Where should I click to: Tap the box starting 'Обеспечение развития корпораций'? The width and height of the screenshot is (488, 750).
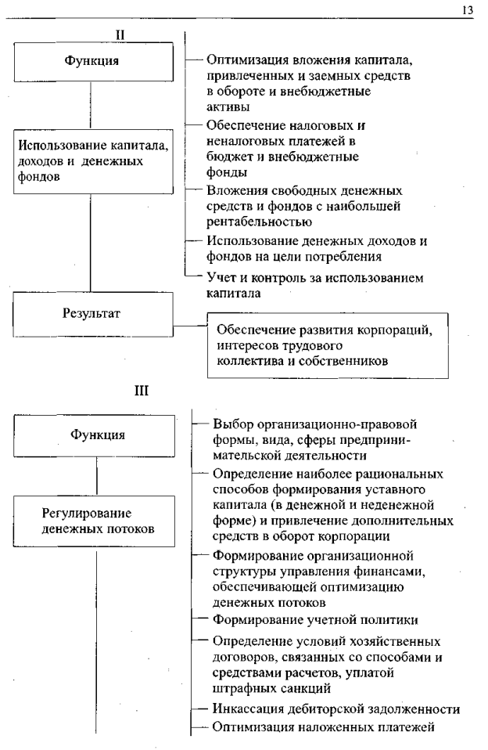(x=326, y=344)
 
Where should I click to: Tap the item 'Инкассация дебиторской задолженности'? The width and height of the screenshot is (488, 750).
(x=335, y=709)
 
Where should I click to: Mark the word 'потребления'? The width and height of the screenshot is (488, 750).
(x=371, y=254)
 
